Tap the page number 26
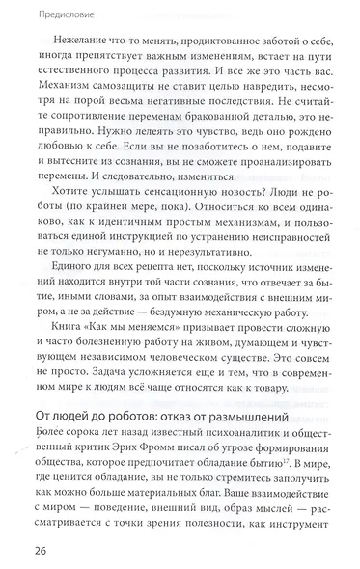pos(28,550)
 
